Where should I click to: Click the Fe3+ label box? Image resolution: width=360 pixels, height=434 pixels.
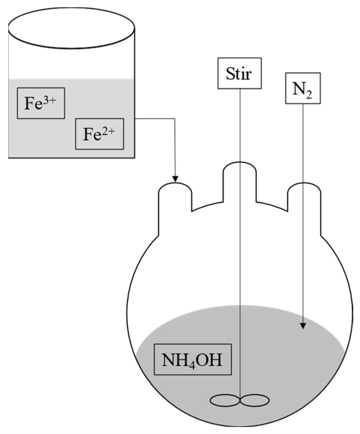tap(41, 103)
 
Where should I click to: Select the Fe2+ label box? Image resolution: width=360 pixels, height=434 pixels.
tap(99, 134)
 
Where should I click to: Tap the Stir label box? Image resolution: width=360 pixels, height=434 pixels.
tap(239, 73)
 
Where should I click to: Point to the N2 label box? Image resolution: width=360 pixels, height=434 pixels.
tap(303, 88)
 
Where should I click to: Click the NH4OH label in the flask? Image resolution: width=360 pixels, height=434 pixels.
tap(192, 359)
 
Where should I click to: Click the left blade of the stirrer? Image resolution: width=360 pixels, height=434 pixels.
tap(225, 400)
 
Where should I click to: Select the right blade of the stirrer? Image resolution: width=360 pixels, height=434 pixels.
tap(255, 400)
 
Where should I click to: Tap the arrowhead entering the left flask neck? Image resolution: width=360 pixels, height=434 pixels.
tap(175, 179)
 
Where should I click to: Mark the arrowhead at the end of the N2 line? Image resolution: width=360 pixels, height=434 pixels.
tap(303, 326)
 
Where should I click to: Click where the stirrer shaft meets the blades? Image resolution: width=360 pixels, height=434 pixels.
tap(240, 400)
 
